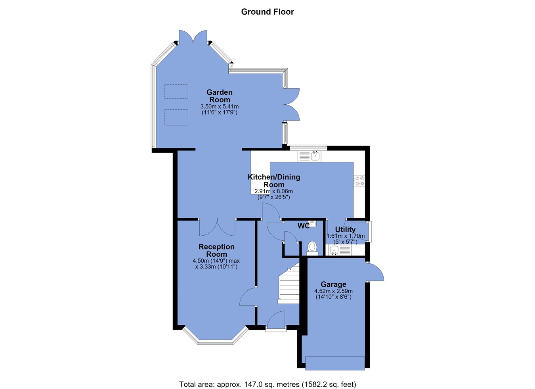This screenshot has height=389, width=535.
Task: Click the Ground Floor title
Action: (x=267, y=12)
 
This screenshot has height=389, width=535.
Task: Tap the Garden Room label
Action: (x=220, y=96)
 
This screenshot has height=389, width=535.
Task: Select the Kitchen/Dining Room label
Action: (x=274, y=181)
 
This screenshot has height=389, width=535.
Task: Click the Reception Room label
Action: (x=216, y=250)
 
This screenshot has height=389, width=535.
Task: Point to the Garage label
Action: (x=333, y=284)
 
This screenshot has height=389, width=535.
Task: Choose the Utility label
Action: (x=345, y=229)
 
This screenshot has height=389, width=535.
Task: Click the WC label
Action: (x=303, y=226)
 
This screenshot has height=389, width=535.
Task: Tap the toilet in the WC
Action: (x=312, y=249)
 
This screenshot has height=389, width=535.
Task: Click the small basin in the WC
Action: (x=312, y=223)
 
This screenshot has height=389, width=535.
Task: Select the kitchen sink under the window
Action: (x=310, y=156)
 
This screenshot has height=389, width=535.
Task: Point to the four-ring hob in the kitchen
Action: (x=359, y=181)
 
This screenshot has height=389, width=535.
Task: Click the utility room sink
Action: (x=339, y=250)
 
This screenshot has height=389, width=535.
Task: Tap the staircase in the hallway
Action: (x=289, y=283)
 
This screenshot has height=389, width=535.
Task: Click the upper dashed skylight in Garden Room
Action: (x=176, y=92)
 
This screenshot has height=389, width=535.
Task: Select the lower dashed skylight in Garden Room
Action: (x=176, y=117)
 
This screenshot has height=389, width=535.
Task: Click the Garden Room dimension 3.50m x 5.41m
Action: (x=220, y=106)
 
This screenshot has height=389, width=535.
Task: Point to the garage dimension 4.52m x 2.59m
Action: (x=333, y=291)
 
